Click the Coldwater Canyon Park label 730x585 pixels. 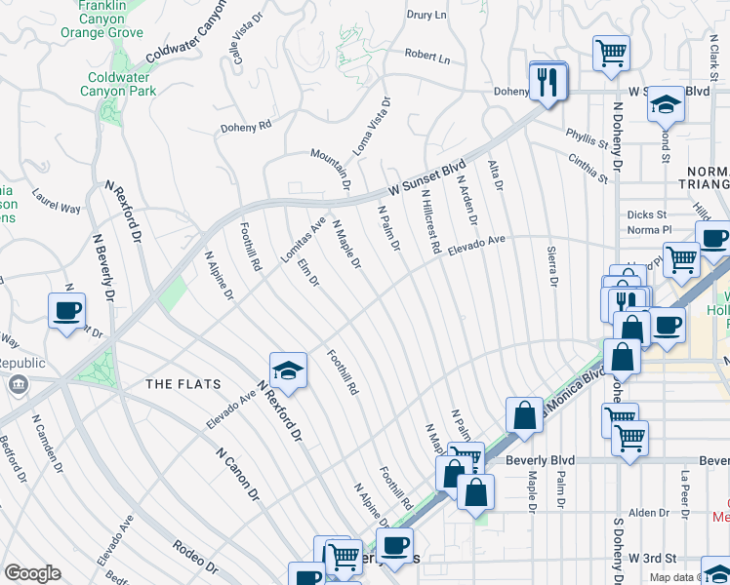tap(121, 84)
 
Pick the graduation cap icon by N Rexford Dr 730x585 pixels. tap(289, 370)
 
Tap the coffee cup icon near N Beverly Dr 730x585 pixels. tap(66, 311)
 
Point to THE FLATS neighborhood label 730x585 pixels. tap(183, 383)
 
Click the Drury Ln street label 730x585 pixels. tap(426, 15)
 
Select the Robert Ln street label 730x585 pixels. tap(427, 58)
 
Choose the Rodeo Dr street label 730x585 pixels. tap(194, 560)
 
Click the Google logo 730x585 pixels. tap(32, 573)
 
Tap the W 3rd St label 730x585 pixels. tap(652, 557)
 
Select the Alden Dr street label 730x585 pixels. tap(649, 513)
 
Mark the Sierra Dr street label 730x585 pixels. tap(551, 264)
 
